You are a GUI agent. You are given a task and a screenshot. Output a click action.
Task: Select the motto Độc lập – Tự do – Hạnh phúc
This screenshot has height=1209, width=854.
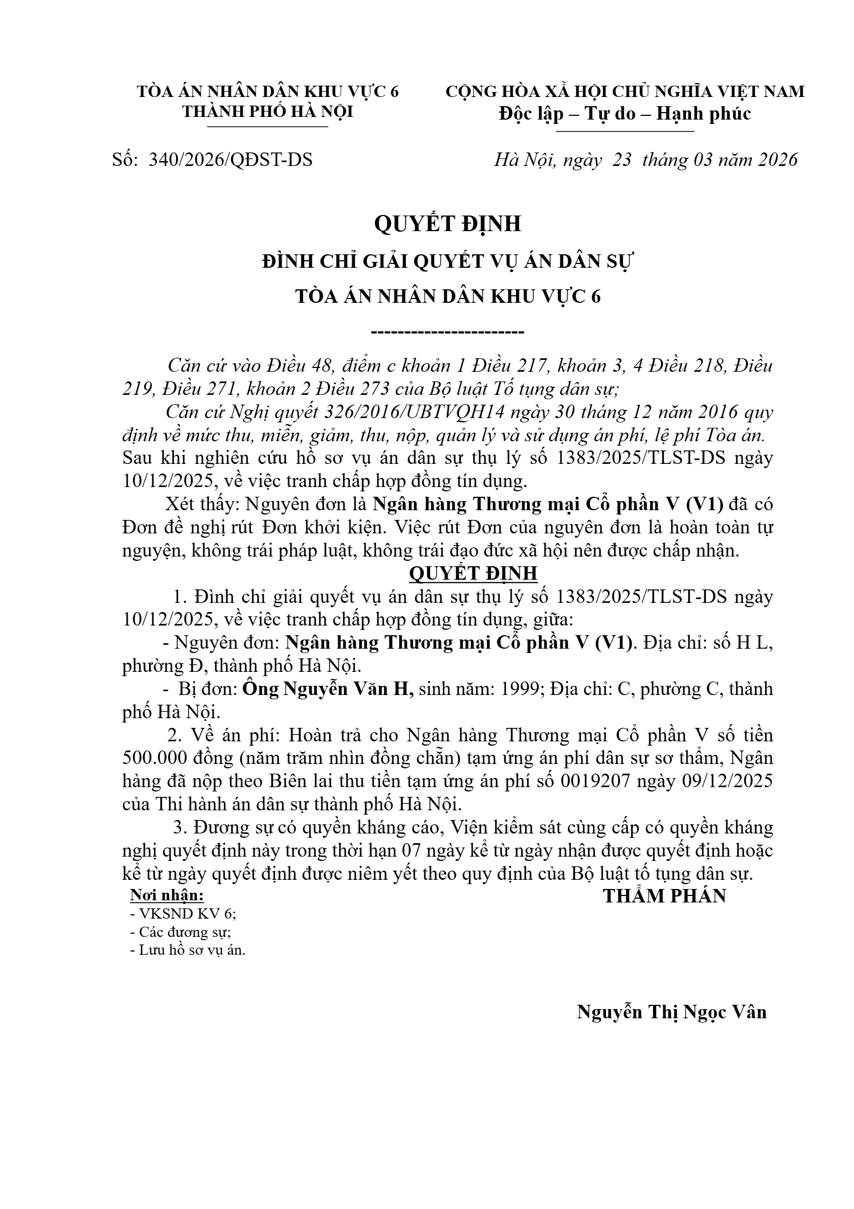pos(625,114)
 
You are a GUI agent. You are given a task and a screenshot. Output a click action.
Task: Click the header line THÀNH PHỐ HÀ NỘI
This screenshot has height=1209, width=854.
pos(268,112)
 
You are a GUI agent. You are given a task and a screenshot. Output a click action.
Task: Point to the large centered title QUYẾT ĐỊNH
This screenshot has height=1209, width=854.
pos(447,223)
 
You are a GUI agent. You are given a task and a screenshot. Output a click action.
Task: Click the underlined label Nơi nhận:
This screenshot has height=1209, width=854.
pos(167,895)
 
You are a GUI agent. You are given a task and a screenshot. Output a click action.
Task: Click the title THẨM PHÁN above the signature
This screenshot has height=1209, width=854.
pos(664,895)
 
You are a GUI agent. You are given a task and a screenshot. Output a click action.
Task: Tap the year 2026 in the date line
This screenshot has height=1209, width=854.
pos(776,160)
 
